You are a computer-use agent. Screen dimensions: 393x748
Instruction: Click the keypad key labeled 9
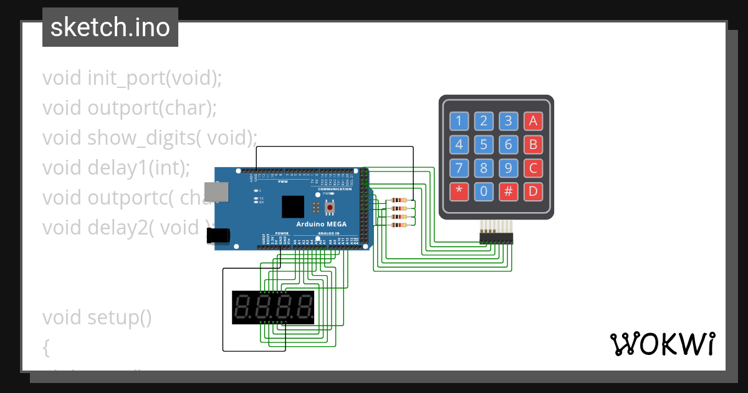tap(509, 168)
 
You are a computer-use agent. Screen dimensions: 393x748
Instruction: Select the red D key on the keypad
tap(533, 192)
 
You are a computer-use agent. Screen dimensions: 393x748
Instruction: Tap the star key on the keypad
tap(459, 192)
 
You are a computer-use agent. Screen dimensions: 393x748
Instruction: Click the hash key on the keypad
tap(509, 192)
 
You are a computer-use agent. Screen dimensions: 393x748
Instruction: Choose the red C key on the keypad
tap(533, 168)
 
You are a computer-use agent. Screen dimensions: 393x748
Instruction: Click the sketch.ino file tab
tap(110, 27)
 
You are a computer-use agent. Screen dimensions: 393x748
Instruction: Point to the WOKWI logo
tap(662, 344)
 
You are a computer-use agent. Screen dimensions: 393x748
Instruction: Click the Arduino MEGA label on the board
tap(322, 225)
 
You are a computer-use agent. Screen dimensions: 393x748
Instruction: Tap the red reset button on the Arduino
tap(330, 207)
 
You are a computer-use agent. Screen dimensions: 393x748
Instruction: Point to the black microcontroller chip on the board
tap(292, 206)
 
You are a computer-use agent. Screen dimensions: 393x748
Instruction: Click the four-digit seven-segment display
tap(273, 307)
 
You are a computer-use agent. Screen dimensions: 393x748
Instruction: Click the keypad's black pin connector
tap(496, 237)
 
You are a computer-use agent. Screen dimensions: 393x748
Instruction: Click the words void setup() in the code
tap(97, 318)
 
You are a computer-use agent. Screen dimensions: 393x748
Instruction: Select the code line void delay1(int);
tap(116, 168)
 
